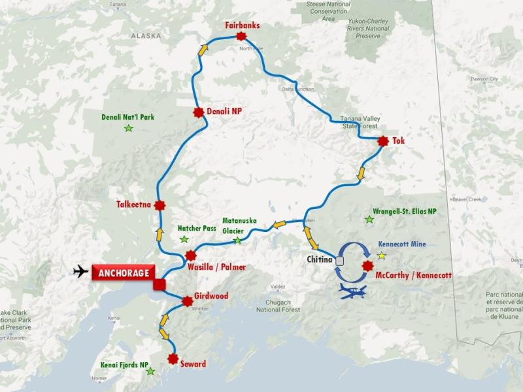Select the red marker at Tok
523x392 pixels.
click(383, 140)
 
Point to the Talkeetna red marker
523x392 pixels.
click(157, 204)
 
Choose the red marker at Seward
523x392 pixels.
click(173, 358)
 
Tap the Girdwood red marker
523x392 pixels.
click(187, 301)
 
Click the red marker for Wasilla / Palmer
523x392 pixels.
click(190, 255)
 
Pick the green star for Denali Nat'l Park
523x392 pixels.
click(128, 128)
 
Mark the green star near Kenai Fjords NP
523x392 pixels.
click(150, 371)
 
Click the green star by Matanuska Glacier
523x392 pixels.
click(237, 240)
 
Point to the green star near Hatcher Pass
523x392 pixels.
click(184, 240)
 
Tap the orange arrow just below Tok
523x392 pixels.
click(360, 174)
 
